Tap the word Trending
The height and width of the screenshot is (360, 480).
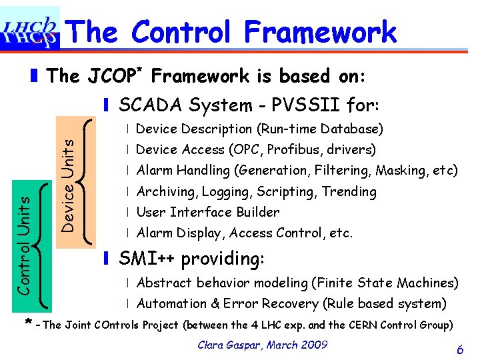pyautogui.click(x=349, y=192)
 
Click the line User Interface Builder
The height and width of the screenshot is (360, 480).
pyautogui.click(x=208, y=213)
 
